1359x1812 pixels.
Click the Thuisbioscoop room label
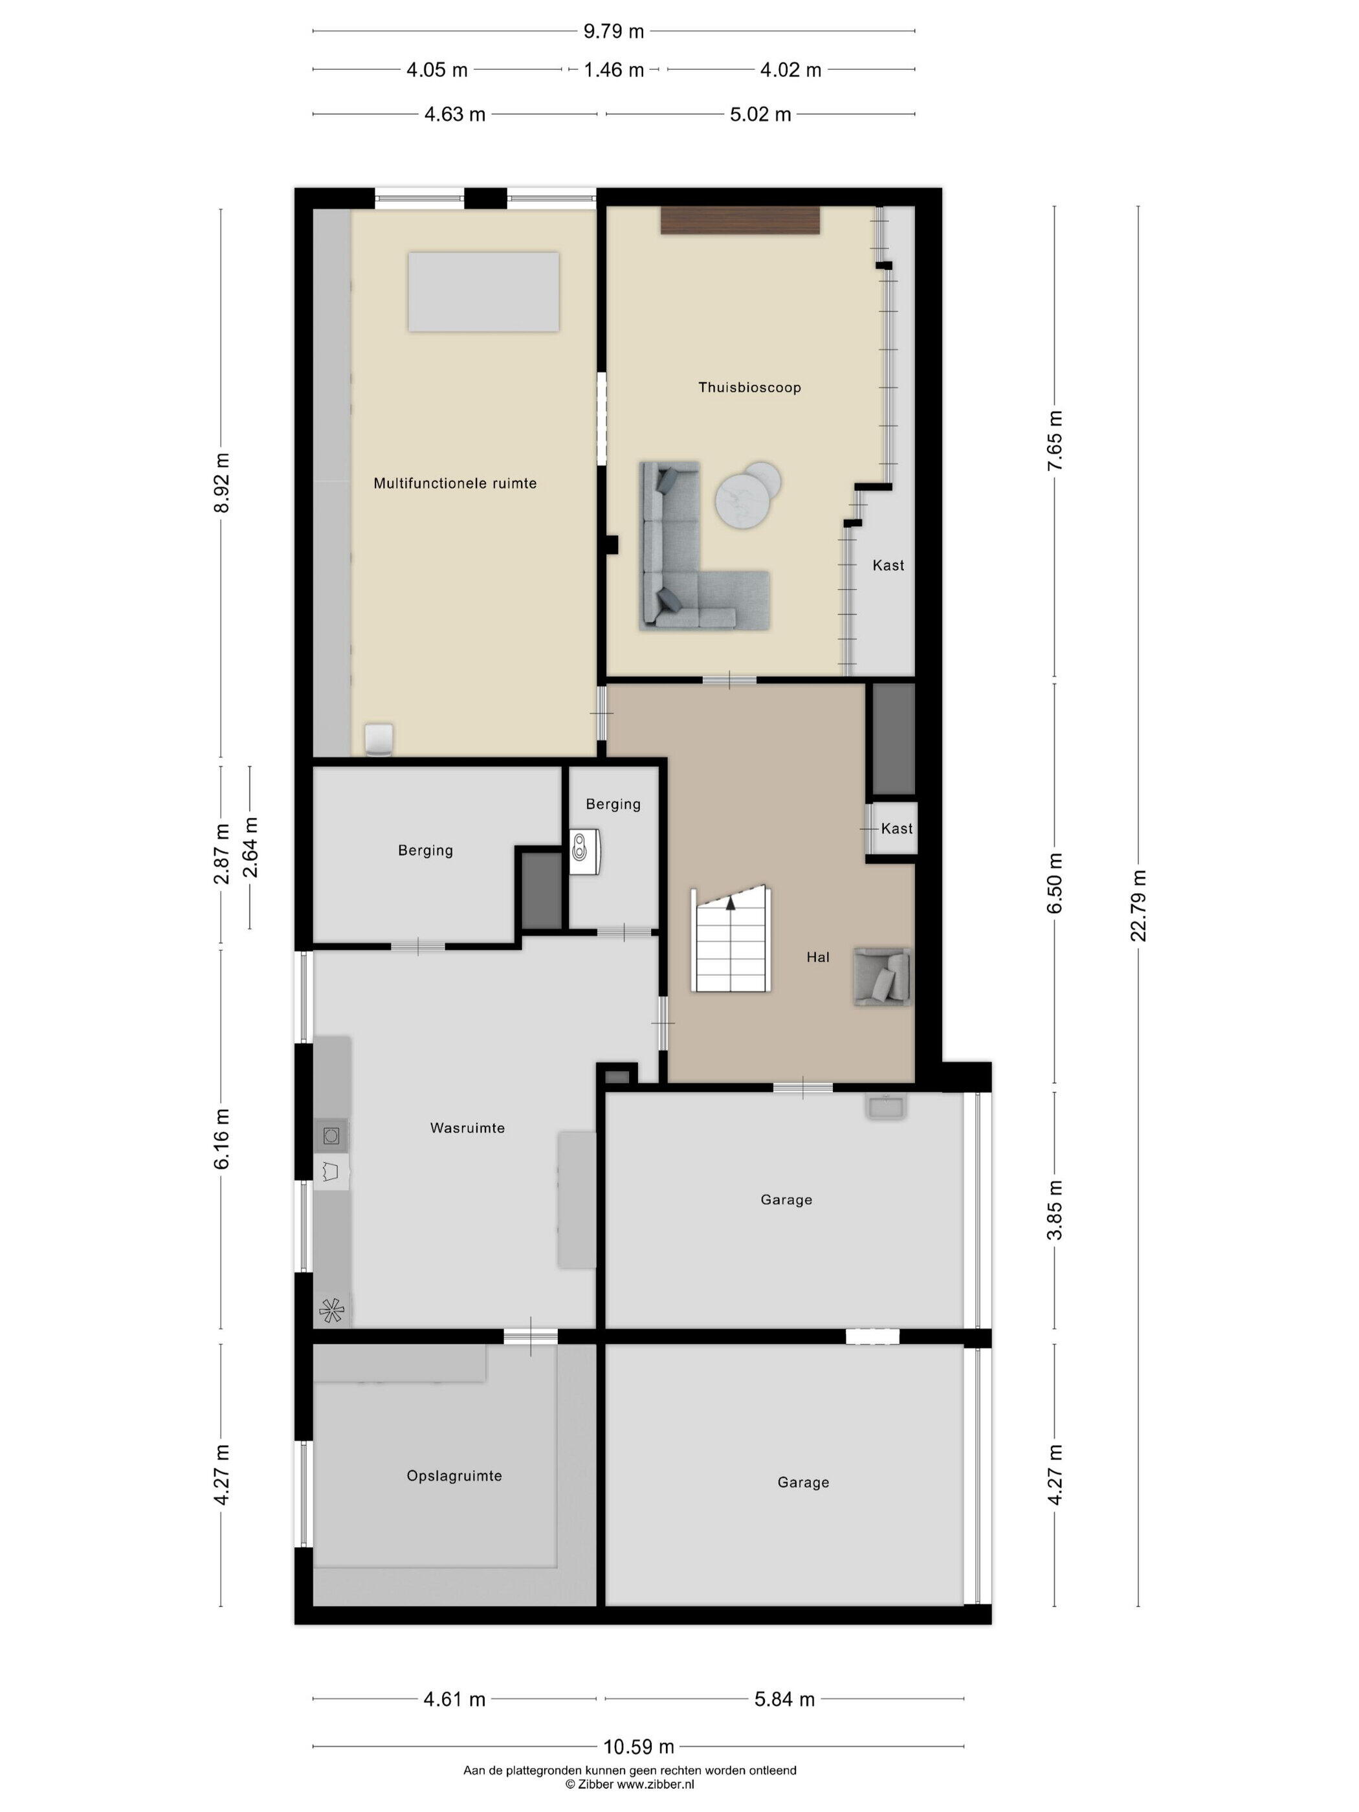pos(749,388)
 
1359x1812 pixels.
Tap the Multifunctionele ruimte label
pos(455,483)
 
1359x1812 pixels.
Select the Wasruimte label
pos(467,1128)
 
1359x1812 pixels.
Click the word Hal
pos(817,956)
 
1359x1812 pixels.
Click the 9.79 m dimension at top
pos(613,31)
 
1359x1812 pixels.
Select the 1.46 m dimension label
pos(613,71)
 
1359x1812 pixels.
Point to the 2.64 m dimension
pos(250,847)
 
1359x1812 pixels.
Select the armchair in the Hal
pos(881,977)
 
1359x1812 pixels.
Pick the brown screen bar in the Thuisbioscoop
pos(740,221)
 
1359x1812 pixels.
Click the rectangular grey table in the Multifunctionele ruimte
pos(483,293)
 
